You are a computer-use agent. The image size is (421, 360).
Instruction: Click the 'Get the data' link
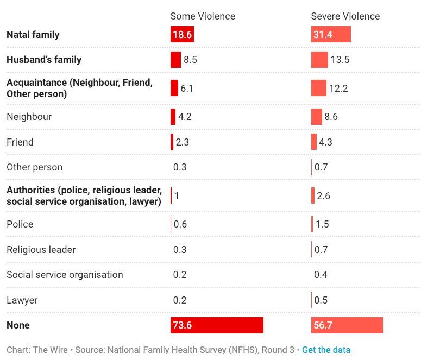click(326, 350)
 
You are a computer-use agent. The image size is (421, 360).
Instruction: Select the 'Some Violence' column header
click(203, 16)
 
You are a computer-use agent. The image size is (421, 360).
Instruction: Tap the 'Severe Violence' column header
click(345, 16)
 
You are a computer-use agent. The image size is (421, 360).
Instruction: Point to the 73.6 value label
click(183, 325)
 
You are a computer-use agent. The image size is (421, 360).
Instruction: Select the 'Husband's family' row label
click(44, 60)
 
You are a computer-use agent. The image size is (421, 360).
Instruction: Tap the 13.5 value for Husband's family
click(340, 60)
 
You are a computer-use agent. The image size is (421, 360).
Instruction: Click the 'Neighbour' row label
click(29, 117)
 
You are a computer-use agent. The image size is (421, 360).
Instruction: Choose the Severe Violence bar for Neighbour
click(317, 117)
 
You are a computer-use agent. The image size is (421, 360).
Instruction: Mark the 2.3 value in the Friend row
click(182, 142)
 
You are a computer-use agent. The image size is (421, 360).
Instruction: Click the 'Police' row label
click(20, 224)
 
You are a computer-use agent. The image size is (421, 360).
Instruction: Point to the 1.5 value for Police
click(322, 224)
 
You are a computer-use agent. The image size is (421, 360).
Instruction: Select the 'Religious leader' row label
click(41, 250)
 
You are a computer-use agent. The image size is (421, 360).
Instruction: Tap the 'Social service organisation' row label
click(65, 275)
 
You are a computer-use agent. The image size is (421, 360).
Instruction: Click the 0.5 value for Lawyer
click(321, 300)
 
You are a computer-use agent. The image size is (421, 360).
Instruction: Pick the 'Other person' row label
click(35, 167)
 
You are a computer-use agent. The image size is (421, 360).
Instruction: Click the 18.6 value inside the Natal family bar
click(182, 35)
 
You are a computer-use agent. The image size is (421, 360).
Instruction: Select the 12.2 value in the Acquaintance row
click(338, 88)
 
